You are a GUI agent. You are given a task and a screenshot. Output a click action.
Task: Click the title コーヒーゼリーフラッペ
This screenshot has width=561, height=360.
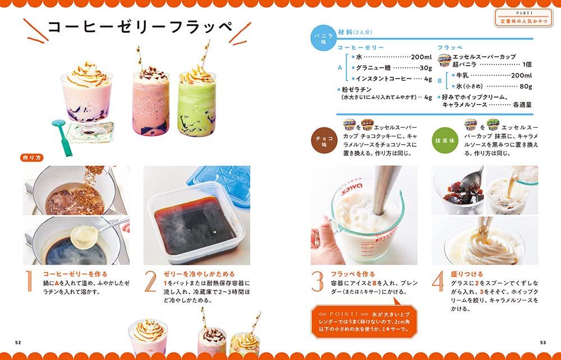[141, 27]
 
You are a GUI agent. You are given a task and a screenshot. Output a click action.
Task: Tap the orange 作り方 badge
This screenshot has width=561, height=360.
[32, 158]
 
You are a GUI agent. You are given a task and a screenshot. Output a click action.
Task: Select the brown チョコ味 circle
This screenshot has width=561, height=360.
[324, 141]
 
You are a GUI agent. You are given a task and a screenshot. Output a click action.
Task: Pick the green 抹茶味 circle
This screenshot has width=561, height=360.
[445, 141]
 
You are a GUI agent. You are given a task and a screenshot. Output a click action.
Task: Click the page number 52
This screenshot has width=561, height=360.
[18, 343]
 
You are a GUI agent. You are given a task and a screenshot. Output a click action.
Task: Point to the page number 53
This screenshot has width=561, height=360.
[542, 343]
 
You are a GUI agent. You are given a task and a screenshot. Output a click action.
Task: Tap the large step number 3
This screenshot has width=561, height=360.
[318, 281]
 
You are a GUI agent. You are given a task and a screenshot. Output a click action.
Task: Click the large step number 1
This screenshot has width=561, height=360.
[29, 281]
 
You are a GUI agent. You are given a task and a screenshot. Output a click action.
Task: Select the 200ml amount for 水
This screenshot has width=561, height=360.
[421, 57]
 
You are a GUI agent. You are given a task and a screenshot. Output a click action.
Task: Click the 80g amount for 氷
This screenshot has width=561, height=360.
[526, 86]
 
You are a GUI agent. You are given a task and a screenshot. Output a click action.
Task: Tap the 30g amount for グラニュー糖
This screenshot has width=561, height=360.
[426, 67]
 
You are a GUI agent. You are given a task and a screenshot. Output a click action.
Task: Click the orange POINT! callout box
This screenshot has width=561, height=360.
[364, 322]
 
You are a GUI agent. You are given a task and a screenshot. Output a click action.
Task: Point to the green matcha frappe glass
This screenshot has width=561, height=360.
[196, 104]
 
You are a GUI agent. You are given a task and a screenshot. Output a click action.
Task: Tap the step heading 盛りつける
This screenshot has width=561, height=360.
[467, 274]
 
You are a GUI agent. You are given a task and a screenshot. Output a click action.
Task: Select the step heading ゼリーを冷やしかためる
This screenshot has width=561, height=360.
[199, 274]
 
